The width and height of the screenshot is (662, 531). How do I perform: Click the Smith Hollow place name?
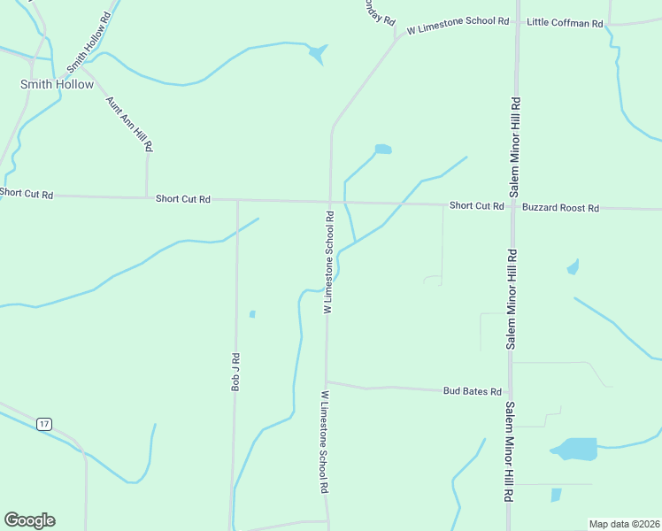[x=57, y=84]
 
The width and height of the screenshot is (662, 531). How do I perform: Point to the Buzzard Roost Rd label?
[x=560, y=208]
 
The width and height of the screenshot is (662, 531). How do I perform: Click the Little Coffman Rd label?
[x=564, y=22]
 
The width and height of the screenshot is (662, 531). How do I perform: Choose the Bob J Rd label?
[x=236, y=372]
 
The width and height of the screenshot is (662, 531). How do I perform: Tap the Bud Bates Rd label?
[x=473, y=391]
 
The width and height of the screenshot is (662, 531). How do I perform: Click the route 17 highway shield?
[x=44, y=425]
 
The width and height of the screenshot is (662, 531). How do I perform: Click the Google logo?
[x=29, y=520]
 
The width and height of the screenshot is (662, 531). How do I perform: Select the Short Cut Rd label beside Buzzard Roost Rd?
[x=476, y=205]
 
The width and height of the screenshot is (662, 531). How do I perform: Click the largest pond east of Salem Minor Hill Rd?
[x=574, y=449]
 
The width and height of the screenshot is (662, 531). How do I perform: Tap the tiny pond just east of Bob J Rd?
[x=252, y=313]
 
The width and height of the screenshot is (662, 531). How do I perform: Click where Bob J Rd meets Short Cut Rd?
[x=237, y=201]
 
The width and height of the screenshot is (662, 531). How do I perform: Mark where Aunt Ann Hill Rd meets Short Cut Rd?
[x=147, y=197]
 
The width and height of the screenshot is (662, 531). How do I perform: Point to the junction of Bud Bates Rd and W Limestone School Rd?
[x=327, y=382]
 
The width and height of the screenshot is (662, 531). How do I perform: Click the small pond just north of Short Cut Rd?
[x=382, y=149]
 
